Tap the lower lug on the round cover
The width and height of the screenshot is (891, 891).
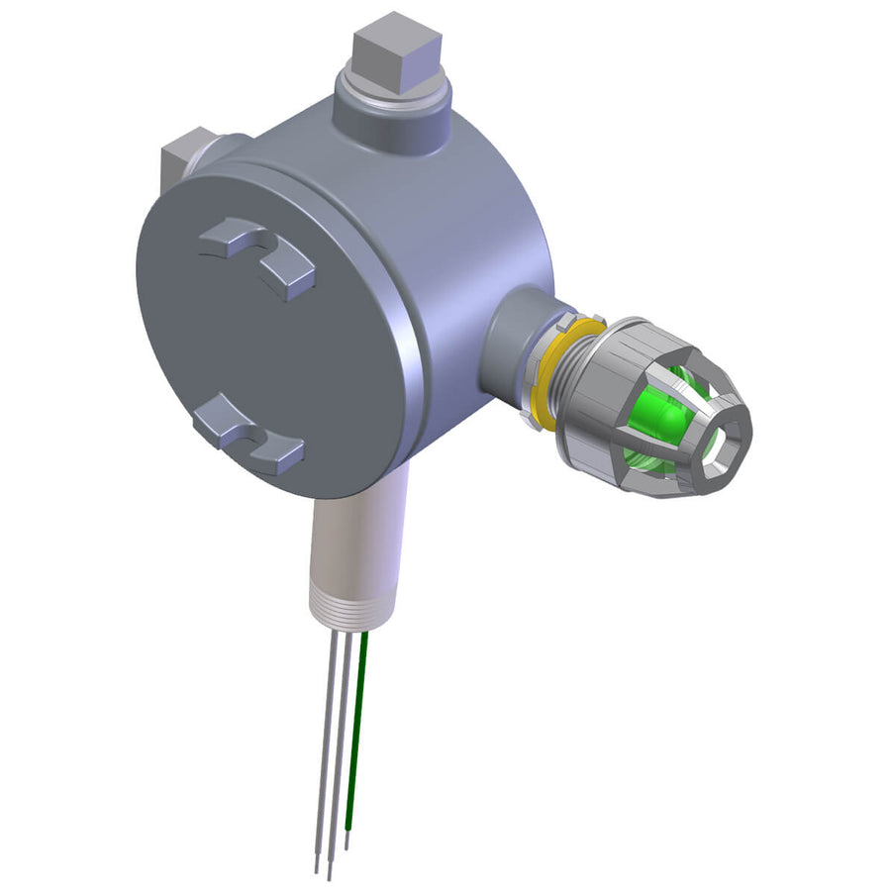tap(247, 436)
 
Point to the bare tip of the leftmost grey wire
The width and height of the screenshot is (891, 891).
tap(317, 861)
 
